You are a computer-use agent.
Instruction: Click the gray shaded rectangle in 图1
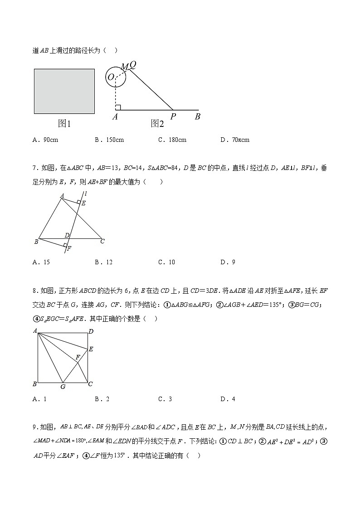click(64, 91)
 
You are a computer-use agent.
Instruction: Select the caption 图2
click(157, 123)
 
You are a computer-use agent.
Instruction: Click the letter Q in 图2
click(133, 65)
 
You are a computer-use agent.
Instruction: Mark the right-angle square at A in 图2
click(117, 107)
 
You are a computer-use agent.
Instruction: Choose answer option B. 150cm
click(109, 140)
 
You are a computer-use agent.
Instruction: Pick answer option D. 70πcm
click(234, 140)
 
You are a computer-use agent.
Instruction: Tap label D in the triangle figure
click(67, 235)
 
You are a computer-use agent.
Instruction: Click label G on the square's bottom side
click(63, 387)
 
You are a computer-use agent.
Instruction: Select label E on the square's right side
click(91, 349)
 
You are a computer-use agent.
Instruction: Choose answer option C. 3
click(165, 399)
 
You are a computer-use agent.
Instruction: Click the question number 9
click(35, 427)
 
